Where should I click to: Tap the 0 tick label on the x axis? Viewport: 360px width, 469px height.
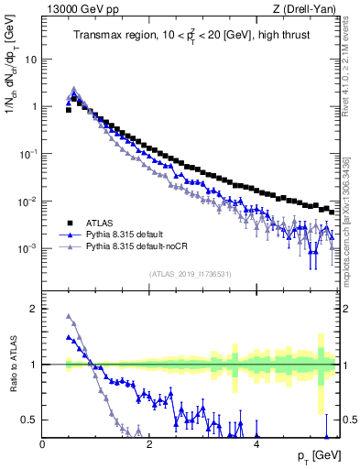pyautogui.click(x=42, y=444)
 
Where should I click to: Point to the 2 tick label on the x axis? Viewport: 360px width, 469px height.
pyautogui.click(x=149, y=444)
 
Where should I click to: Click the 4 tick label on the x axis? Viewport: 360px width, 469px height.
pyautogui.click(x=256, y=444)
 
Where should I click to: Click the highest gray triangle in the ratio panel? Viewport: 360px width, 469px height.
pyautogui.click(x=69, y=317)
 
